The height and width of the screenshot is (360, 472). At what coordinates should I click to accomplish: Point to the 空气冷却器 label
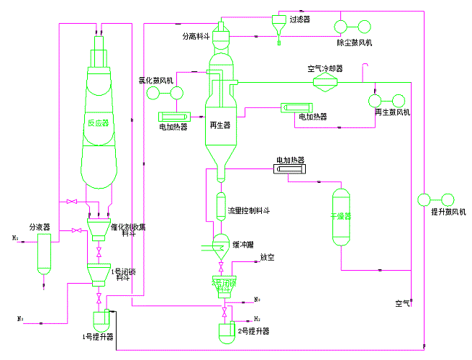[x=324, y=70]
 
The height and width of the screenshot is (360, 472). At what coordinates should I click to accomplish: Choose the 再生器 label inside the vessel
[x=219, y=125]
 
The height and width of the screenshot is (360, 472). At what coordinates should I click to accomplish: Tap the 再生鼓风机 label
[x=391, y=112]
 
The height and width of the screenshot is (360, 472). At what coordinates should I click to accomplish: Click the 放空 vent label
[x=268, y=256]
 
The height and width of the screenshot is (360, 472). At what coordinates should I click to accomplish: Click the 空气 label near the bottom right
[x=403, y=303]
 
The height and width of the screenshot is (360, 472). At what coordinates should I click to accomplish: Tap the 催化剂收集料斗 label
[x=134, y=229]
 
